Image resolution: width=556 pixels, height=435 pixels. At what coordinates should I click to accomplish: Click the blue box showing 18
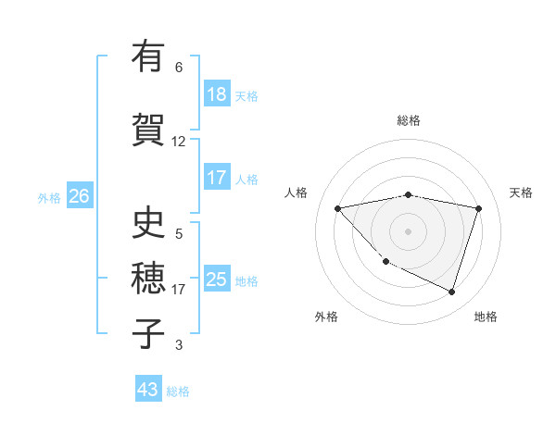217,94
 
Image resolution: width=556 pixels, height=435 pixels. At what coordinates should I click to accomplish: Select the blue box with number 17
217,178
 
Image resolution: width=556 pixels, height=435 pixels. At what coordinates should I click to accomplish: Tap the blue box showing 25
217,280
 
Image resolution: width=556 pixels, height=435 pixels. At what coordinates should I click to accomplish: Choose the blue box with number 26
79,196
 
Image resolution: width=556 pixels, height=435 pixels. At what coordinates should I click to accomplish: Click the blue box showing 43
148,390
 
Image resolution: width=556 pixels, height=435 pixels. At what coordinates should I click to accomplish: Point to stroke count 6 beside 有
179,68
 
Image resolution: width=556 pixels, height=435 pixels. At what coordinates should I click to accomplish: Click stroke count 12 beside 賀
179,142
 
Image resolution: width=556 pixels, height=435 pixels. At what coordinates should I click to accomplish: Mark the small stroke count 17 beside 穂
179,290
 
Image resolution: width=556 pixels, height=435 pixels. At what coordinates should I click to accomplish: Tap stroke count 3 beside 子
179,345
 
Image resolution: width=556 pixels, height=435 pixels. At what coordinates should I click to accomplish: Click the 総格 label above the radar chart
409,120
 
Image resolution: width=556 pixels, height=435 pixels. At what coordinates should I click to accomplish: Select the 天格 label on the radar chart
521,193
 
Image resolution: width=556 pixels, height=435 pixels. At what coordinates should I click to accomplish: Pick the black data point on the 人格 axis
338,208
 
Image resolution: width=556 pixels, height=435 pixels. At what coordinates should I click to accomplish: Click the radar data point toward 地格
451,292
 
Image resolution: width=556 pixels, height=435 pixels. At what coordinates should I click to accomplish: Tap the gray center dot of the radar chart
409,231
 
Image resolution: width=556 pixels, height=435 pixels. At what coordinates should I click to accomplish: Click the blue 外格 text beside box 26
49,197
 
